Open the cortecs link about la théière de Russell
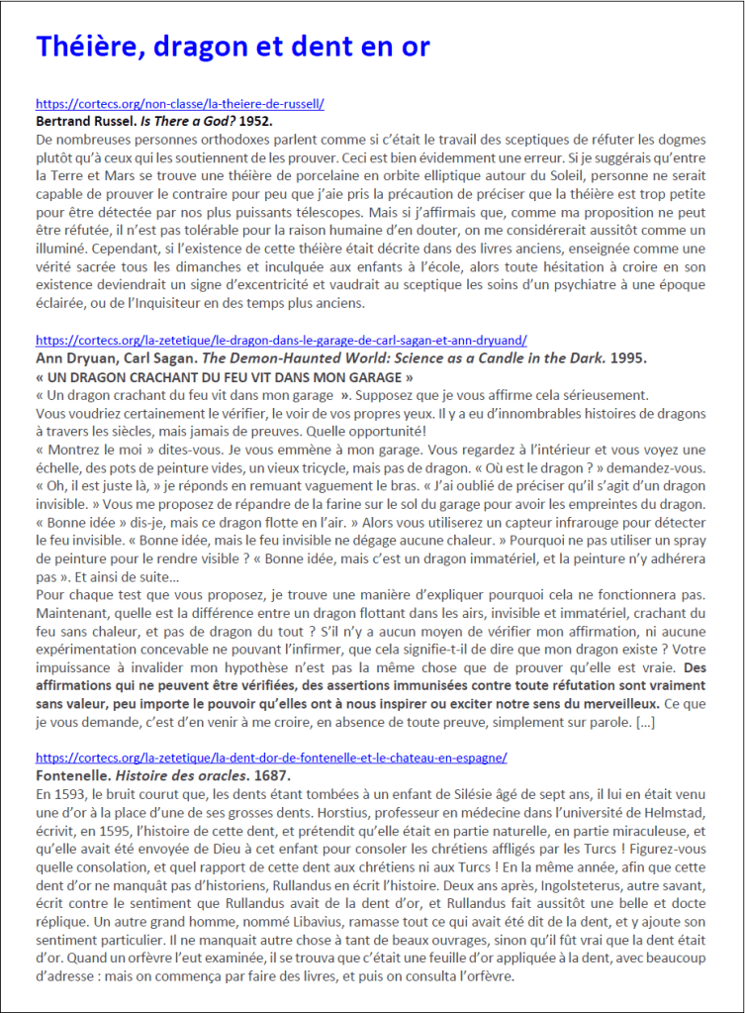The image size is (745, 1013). point(180,103)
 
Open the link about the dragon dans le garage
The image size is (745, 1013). point(281,340)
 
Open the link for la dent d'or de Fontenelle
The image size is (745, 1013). point(271,758)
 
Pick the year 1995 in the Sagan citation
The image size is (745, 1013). point(621,357)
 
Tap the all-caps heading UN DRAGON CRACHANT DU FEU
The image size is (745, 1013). point(224,376)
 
